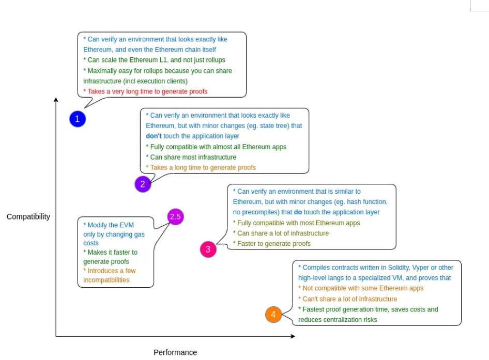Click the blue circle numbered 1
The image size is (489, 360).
pos(78,119)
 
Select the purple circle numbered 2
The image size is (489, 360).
pos(143,184)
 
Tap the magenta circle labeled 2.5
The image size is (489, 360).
pos(175,217)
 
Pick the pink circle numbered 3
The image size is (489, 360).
pos(208,249)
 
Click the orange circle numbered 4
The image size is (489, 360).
pos(273,315)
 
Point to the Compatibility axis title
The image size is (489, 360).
pos(28,216)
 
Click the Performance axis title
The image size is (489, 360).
pos(175,352)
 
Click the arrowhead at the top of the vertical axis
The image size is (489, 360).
pos(56,99)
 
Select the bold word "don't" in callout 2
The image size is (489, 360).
pos(154,136)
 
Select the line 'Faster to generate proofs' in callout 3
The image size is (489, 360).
pos(273,243)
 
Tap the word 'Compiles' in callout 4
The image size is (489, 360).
pos(316,268)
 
